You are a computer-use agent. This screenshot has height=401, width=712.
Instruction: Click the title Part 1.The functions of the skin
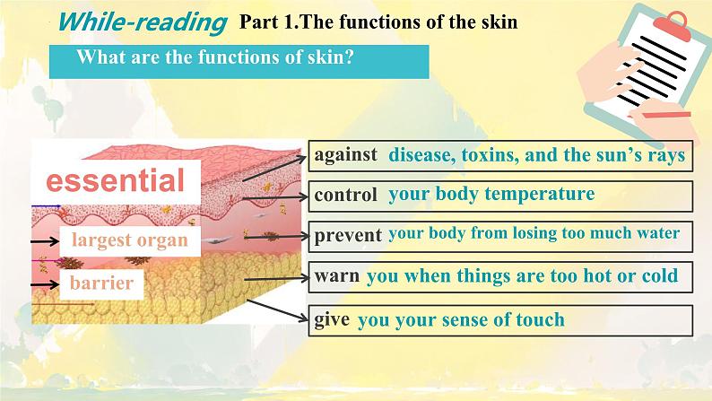click(x=378, y=22)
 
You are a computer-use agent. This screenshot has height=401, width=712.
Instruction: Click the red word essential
click(x=116, y=181)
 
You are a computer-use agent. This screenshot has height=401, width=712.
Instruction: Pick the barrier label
click(x=102, y=284)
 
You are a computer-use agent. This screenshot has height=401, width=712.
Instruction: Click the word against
click(x=346, y=155)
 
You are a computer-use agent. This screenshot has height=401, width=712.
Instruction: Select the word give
click(x=332, y=319)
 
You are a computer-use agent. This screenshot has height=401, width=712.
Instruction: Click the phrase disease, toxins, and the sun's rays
click(x=536, y=155)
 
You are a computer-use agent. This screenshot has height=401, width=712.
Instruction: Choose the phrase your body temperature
click(x=491, y=194)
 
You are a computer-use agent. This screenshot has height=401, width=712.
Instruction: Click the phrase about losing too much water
click(x=534, y=235)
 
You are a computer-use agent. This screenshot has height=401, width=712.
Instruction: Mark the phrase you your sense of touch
click(x=461, y=319)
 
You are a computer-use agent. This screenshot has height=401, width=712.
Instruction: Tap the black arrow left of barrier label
click(x=44, y=284)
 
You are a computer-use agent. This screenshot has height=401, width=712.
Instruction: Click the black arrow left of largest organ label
click(x=44, y=241)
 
